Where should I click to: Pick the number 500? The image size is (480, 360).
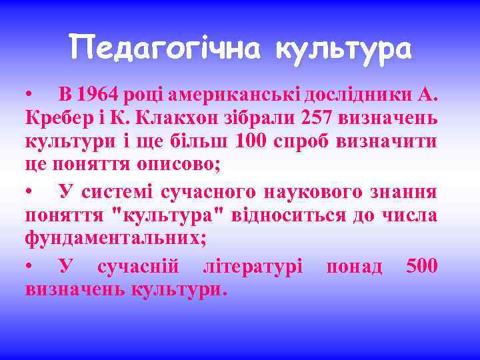[x=421, y=266]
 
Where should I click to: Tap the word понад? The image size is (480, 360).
[x=354, y=266]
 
